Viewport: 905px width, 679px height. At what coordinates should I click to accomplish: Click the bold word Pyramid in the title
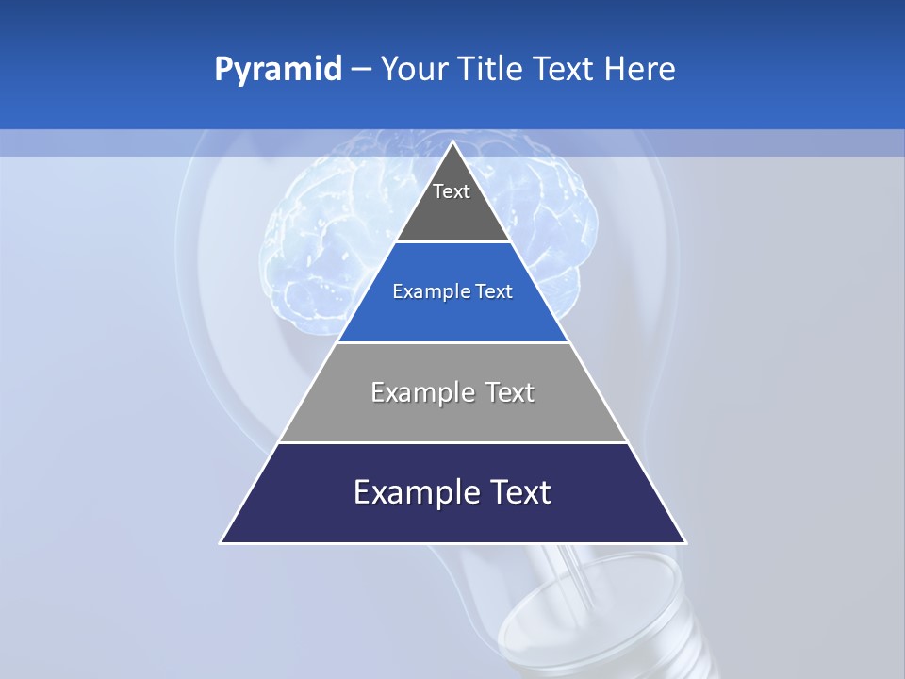(x=278, y=70)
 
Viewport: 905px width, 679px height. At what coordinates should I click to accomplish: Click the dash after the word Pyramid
(x=361, y=70)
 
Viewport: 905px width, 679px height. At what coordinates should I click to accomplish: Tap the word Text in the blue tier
(x=494, y=292)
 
